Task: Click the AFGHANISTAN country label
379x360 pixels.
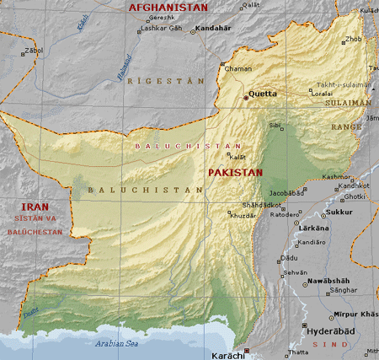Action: click(167, 7)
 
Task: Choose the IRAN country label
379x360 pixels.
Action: click(35, 206)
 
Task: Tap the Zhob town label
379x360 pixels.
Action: click(353, 39)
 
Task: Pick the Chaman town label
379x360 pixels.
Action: click(238, 68)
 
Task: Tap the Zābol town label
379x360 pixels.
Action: click(34, 50)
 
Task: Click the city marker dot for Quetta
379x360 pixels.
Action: click(246, 98)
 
